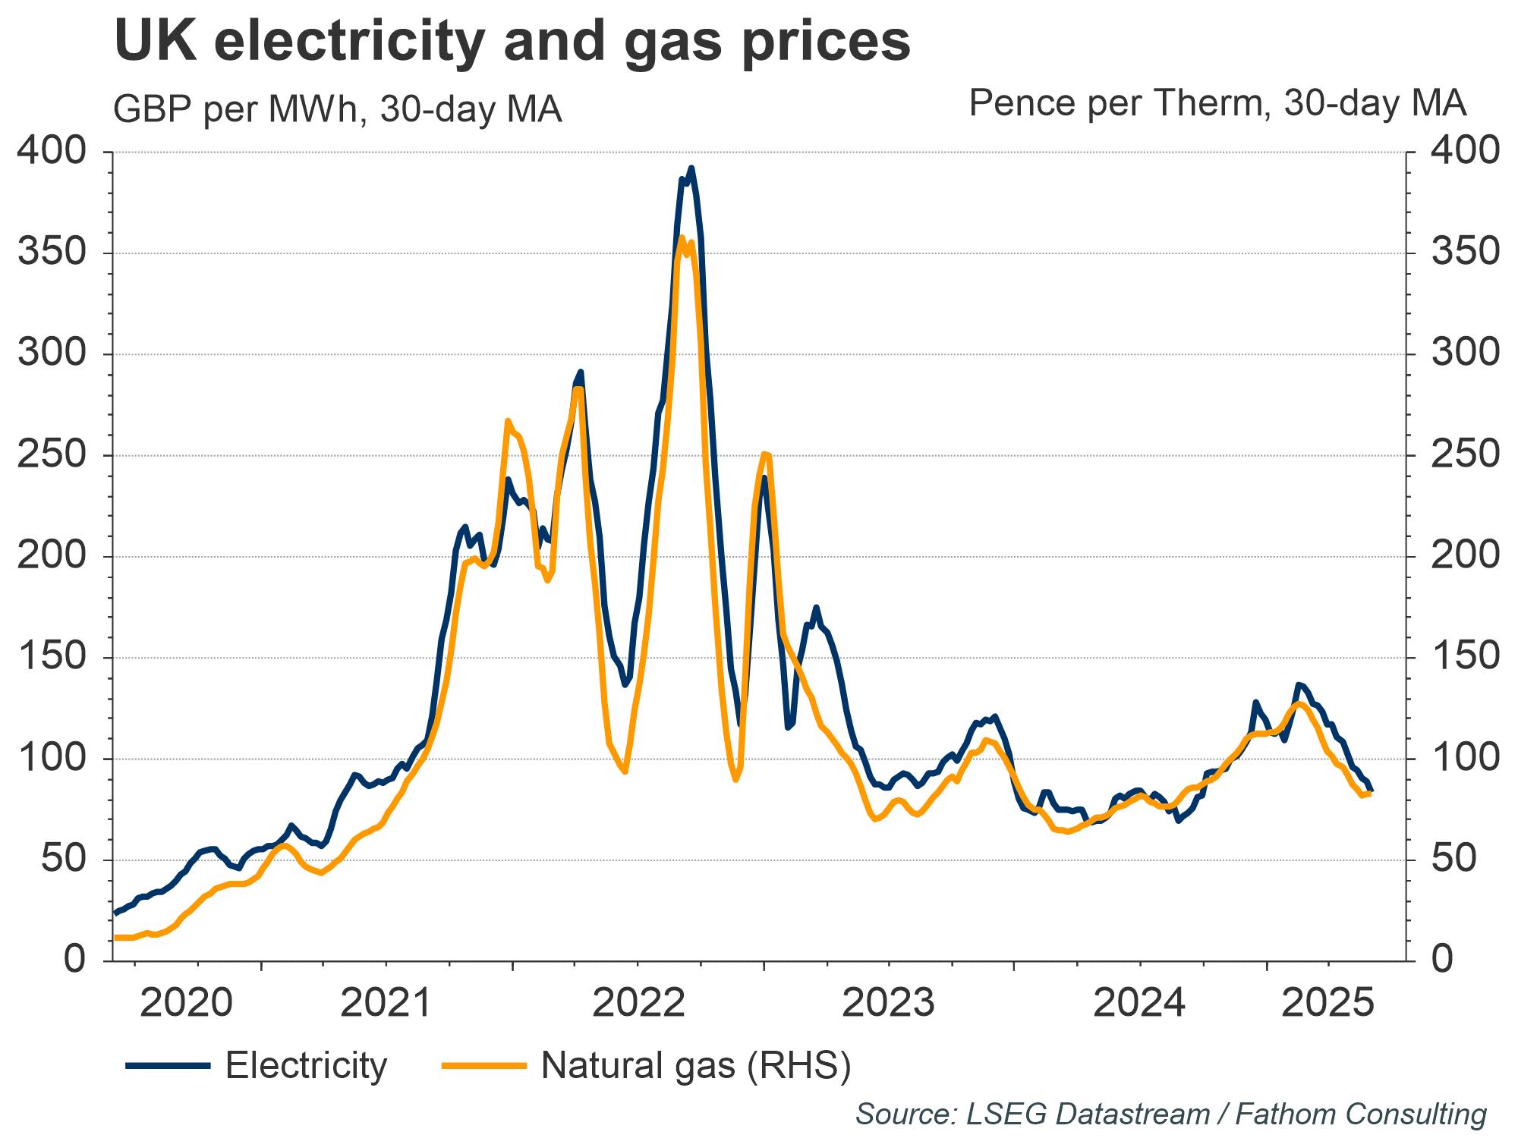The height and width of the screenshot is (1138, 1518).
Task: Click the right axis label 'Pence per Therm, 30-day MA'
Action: [x=1217, y=103]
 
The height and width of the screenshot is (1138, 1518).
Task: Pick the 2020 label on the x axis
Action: [x=187, y=1003]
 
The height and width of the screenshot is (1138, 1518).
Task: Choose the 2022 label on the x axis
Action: [x=638, y=1003]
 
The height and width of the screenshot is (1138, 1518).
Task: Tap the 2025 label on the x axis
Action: [x=1327, y=1003]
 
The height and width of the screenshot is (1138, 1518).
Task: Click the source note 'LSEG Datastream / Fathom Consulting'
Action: [x=1170, y=1114]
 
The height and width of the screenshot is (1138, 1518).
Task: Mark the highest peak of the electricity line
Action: [x=691, y=168]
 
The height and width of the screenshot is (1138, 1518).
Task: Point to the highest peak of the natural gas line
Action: [x=681, y=237]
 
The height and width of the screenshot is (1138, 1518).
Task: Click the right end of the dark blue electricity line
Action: [x=1371, y=791]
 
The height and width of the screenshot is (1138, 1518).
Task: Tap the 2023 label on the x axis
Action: [x=889, y=1003]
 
